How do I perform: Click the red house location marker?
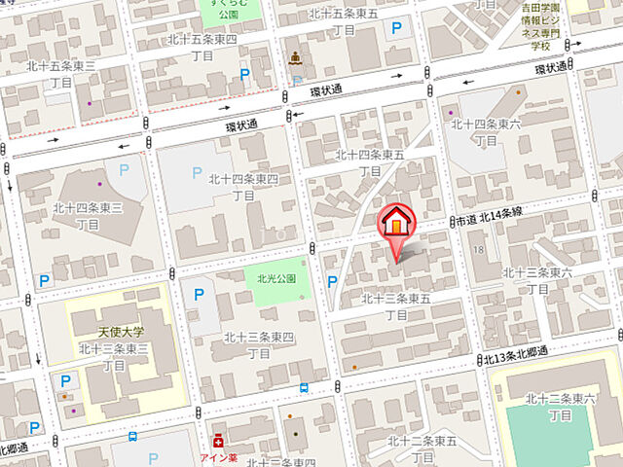tap(396, 222)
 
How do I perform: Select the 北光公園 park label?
tap(275, 277)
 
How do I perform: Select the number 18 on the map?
tap(478, 251)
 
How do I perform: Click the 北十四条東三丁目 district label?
tap(88, 215)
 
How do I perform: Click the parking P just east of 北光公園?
tap(332, 282)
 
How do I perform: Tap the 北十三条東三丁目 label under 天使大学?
tap(114, 356)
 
